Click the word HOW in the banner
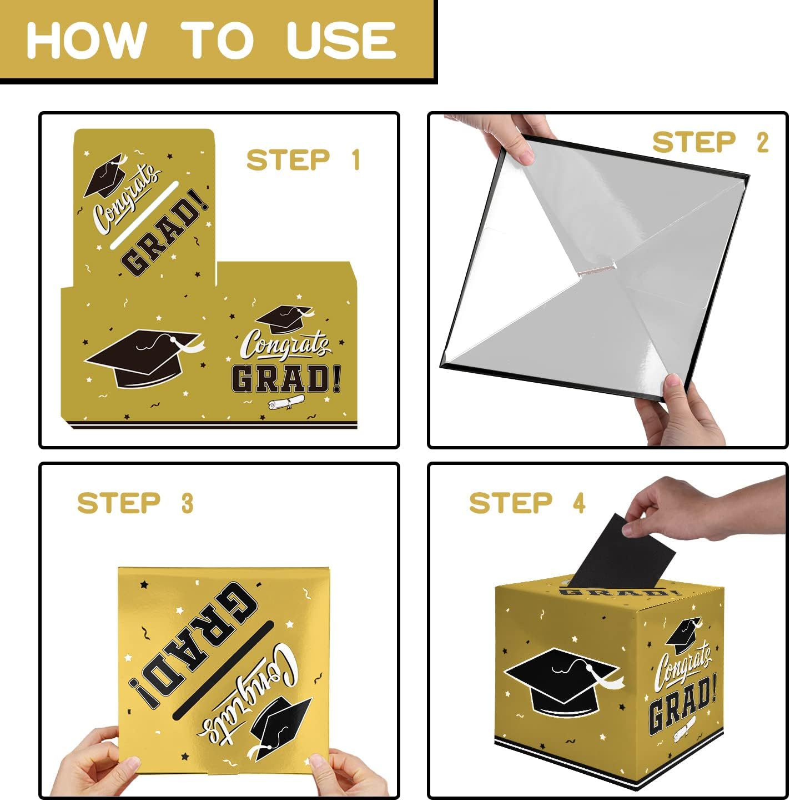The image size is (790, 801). coord(87,41)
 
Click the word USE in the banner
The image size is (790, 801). coord(341,41)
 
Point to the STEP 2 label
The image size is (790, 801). coord(710,142)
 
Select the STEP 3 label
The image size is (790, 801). coord(135,503)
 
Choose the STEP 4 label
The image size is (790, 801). coord(527,503)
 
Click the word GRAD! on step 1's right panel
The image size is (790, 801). coord(286,379)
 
